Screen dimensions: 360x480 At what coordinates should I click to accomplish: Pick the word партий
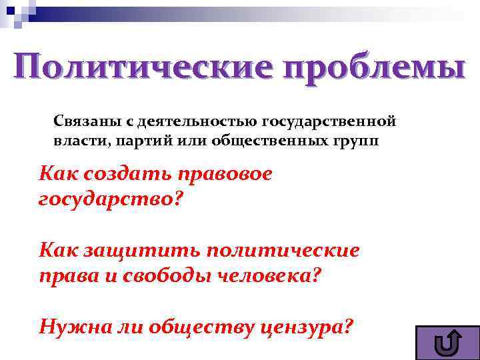133,141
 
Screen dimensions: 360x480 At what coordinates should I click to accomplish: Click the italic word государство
107,199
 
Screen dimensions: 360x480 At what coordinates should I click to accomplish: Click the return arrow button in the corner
446,342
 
